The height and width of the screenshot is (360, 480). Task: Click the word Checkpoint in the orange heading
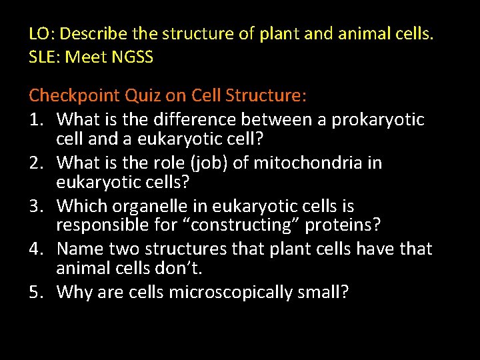pyautogui.click(x=73, y=96)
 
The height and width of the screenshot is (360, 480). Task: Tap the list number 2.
pyautogui.click(x=35, y=163)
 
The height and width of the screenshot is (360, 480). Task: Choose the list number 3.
pyautogui.click(x=35, y=207)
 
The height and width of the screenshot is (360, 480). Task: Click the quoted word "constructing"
pyautogui.click(x=243, y=225)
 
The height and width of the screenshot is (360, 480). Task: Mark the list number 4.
pyautogui.click(x=35, y=249)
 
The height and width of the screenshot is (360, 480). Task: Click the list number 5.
pyautogui.click(x=35, y=293)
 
